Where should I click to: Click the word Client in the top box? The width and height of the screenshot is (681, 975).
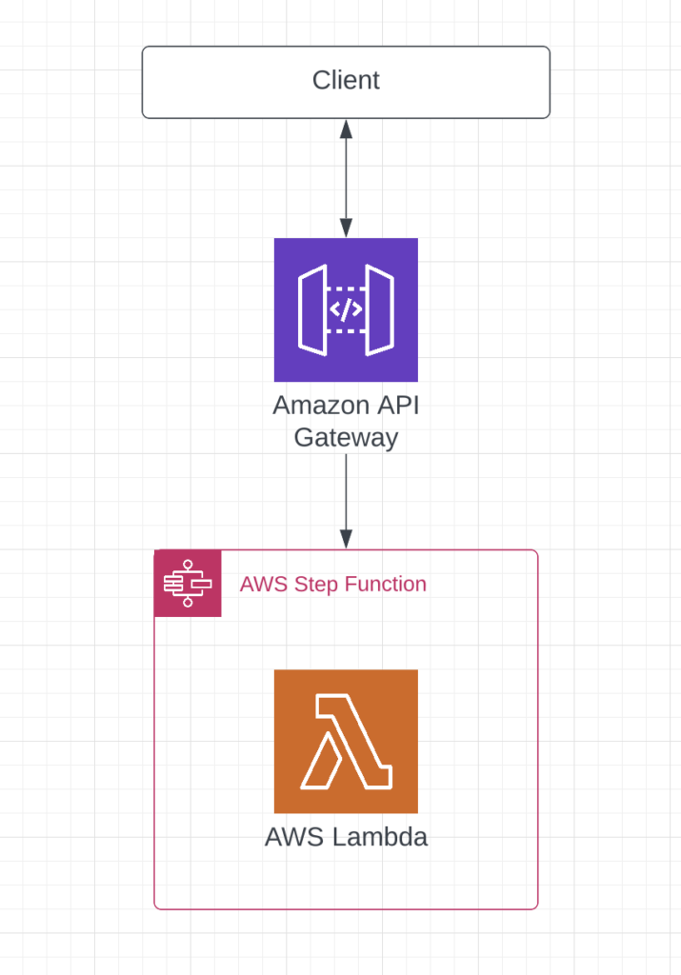(x=346, y=81)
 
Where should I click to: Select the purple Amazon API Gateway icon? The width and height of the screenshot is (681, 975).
(x=346, y=309)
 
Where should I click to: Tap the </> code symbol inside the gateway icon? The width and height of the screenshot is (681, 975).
(x=346, y=309)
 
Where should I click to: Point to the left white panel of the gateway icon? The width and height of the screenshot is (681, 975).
(x=312, y=309)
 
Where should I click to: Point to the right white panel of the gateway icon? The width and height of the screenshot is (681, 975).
(x=379, y=309)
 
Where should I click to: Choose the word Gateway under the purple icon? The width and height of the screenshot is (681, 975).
(x=346, y=438)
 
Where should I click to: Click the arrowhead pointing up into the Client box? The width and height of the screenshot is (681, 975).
(x=346, y=128)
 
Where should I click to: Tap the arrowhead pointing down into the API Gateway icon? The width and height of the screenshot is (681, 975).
(x=346, y=229)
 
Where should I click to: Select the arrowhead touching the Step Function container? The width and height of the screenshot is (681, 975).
(x=346, y=540)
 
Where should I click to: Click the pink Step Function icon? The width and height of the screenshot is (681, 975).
(x=188, y=584)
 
